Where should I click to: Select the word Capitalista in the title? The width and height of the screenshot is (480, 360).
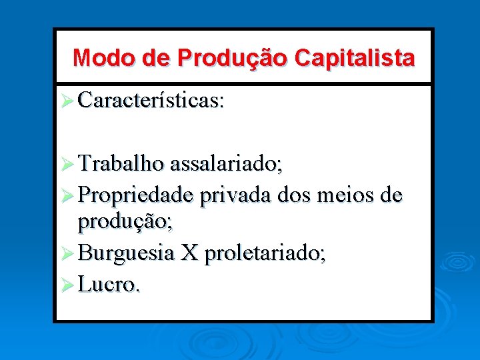tap(354, 58)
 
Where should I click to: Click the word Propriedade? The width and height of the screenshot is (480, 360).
tap(136, 196)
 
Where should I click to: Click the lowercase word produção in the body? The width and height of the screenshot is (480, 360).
tap(125, 222)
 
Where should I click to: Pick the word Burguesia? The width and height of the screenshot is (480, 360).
tap(126, 253)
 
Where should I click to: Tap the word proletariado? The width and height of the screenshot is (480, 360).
tap(265, 254)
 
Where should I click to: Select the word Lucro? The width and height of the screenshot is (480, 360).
tap(109, 285)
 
